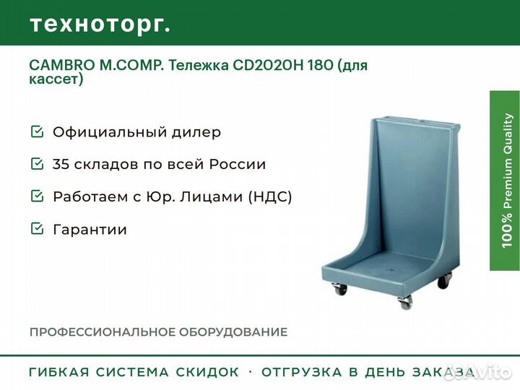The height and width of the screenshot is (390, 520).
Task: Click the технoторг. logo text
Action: tap(100, 24)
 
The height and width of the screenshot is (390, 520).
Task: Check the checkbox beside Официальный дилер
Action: tap(37, 132)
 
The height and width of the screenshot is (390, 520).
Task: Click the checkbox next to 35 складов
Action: tap(37, 164)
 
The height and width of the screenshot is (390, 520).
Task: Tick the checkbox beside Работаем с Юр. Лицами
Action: tap(37, 196)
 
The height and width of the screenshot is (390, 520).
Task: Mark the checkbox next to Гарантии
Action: tap(37, 229)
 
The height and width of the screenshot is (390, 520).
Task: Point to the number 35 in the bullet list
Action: tap(61, 165)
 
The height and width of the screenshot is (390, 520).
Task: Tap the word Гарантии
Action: tap(90, 230)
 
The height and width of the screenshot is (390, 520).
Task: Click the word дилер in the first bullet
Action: tap(196, 133)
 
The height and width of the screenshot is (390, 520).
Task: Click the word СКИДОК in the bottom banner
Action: tap(207, 372)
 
